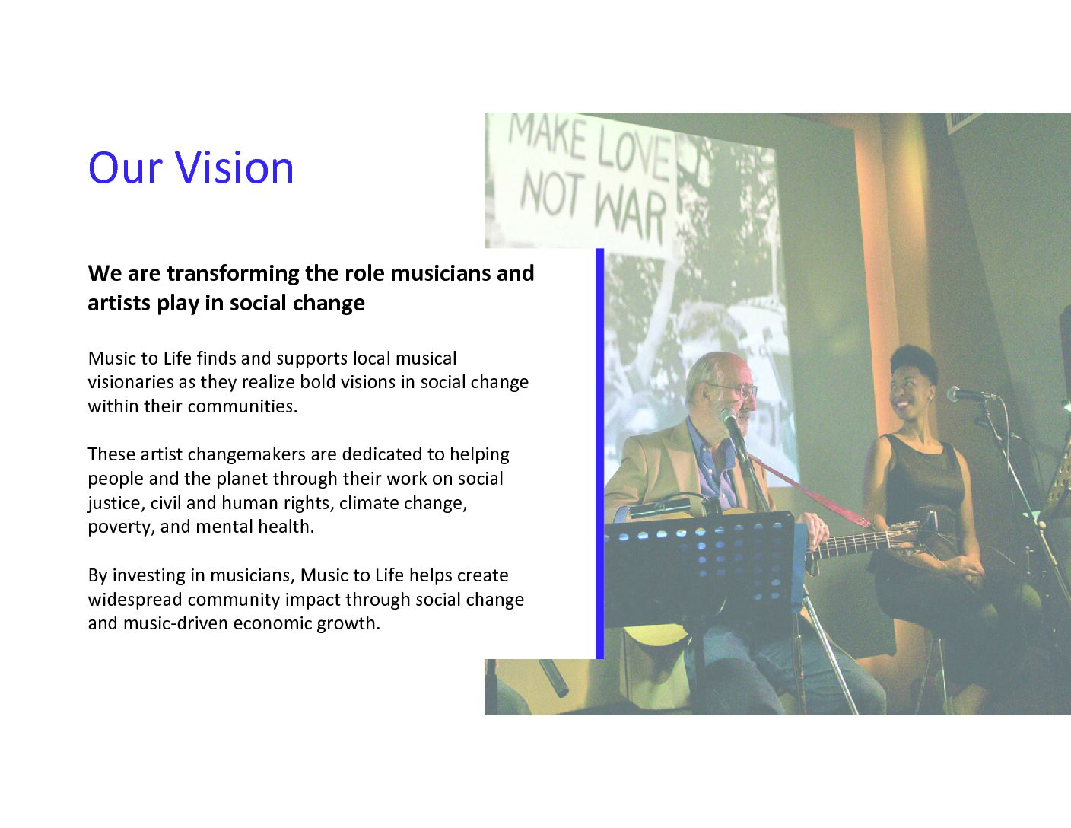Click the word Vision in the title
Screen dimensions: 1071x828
coord(234,167)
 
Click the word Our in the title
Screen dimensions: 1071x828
coord(126,167)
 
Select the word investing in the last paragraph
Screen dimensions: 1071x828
coord(148,576)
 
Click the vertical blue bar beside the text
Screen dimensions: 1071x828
coord(600,454)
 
